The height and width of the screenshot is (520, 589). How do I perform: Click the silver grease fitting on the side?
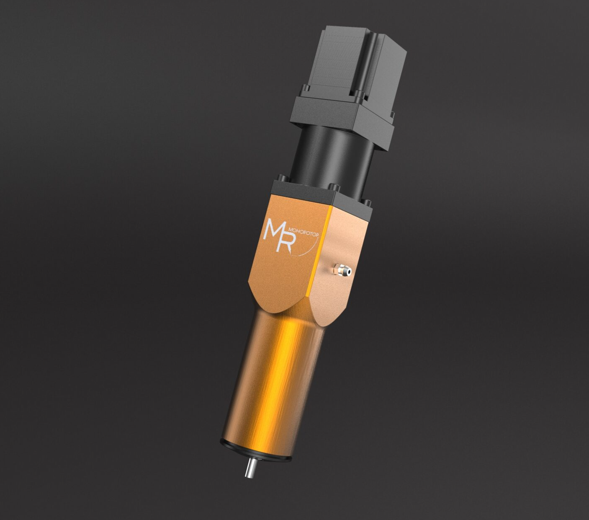(342, 270)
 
